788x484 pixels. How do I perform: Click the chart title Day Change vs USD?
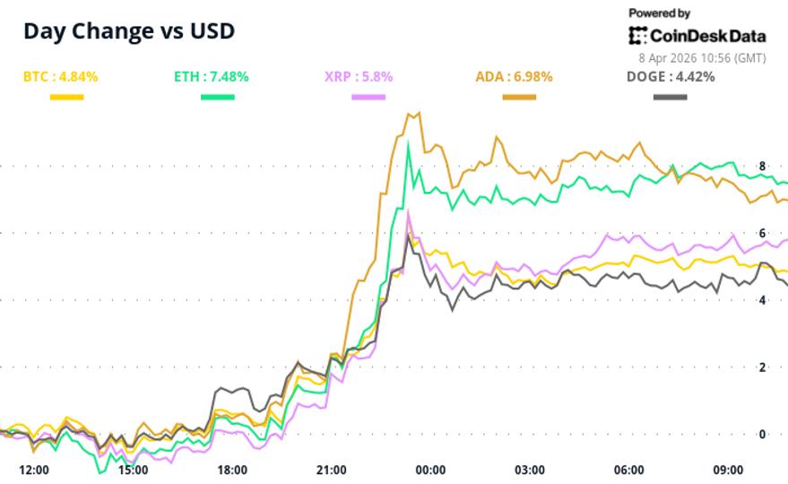coord(129,30)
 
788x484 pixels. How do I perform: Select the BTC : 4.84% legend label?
coord(60,77)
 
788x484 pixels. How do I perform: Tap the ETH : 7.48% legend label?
coord(211,77)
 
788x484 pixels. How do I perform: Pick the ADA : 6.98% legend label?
coord(514,77)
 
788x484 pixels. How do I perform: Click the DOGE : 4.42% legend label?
coord(670,77)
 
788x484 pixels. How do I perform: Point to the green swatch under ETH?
coord(217,96)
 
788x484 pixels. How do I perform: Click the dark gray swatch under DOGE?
coord(670,96)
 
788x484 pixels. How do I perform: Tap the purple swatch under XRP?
coord(368,96)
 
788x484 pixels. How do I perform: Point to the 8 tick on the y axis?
coord(762,166)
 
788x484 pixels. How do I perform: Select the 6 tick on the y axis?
coord(762,233)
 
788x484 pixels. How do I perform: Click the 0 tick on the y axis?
coord(762,434)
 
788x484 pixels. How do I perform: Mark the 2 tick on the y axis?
coord(762,367)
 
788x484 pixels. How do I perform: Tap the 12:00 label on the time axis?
coord(34,470)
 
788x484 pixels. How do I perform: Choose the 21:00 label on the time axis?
coord(332,470)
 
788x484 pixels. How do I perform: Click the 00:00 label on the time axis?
coord(431,470)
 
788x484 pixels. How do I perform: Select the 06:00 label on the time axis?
coord(629,470)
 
